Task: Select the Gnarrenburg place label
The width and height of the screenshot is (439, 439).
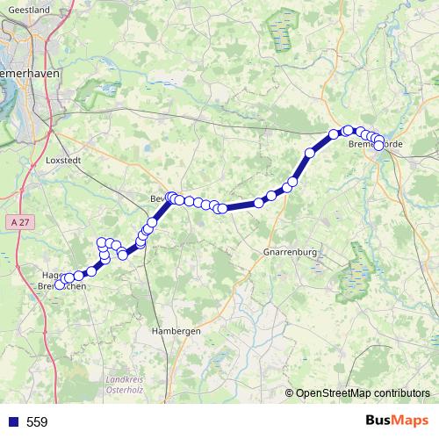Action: [289, 252]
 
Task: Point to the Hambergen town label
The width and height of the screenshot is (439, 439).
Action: [176, 331]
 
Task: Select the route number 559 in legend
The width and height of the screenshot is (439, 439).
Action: [37, 422]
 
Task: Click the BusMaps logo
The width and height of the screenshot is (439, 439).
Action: [397, 421]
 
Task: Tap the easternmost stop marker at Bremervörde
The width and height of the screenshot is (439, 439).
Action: [379, 146]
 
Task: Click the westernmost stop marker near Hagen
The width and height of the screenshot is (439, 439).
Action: [60, 284]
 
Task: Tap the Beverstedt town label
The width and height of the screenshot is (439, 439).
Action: [162, 198]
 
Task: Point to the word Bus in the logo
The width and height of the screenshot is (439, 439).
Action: [379, 421]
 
